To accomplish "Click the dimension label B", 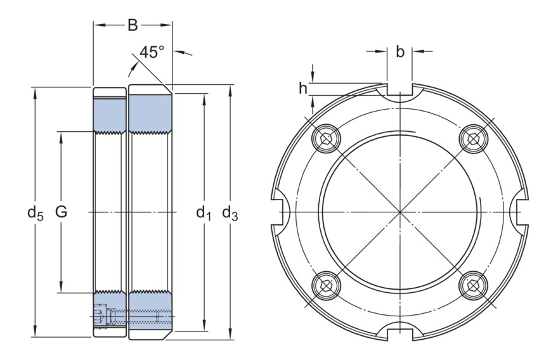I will tap(133, 25).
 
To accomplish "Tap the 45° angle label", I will tap(152, 52).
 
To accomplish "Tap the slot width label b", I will tap(400, 52).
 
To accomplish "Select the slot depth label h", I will tap(304, 88).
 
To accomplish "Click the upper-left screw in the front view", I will tap(327, 138).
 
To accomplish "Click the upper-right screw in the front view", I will tap(473, 138).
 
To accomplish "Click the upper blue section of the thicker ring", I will tap(151, 112).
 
